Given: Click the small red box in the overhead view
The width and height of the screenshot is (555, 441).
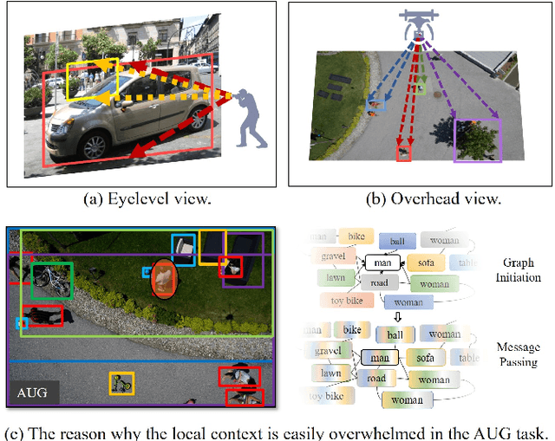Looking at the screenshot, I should pos(403,153).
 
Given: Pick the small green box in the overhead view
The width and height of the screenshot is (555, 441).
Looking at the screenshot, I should pos(421,86).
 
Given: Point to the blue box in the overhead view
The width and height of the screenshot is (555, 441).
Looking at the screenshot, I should pos(375,103).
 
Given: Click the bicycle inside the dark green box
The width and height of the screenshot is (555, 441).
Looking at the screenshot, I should pos(51,280).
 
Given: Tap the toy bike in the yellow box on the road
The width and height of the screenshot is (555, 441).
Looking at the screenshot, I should pos(121,383).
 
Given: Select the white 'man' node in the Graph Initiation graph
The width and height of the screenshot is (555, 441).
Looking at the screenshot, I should pos(380,262).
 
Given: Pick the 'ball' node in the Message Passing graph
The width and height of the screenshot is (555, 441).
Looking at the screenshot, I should pos(395,334).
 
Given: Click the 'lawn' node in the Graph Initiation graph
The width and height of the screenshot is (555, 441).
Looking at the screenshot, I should pos(330,279).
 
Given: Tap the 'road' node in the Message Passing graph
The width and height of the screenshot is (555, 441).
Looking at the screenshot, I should pos(375,379).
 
